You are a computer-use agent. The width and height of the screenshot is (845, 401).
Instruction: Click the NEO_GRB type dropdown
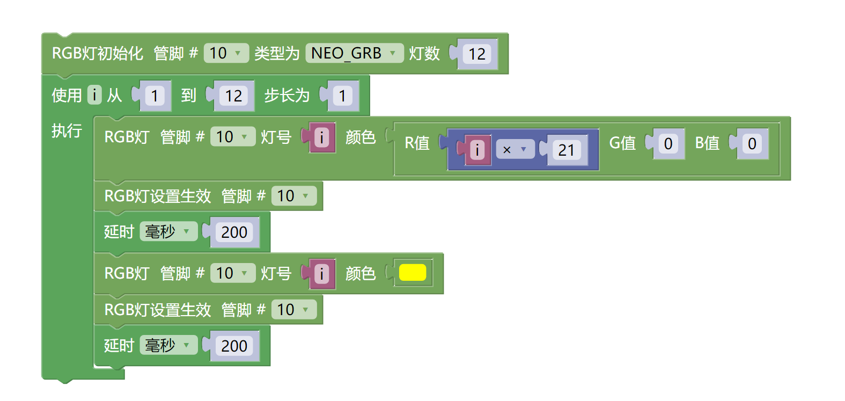(354, 53)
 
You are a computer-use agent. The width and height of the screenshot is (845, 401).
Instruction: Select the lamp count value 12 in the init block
(477, 54)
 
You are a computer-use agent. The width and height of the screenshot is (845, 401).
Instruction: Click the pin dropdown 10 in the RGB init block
(226, 53)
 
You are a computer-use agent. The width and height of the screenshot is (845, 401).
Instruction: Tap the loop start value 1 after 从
(155, 96)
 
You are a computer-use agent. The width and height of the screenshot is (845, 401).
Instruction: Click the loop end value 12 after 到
(233, 96)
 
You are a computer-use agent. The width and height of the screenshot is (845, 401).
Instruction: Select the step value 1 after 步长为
(342, 96)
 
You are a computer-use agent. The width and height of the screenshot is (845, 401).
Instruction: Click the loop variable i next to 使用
(94, 95)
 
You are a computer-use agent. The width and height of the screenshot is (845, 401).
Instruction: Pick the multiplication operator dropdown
(515, 150)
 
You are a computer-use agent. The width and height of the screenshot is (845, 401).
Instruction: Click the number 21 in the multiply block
(566, 150)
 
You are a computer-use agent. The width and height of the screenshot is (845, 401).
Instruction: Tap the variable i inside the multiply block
(477, 150)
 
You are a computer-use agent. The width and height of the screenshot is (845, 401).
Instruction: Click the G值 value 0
(668, 143)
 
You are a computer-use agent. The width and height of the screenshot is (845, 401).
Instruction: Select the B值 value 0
(752, 143)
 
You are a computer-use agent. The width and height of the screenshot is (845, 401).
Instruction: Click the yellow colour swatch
(412, 273)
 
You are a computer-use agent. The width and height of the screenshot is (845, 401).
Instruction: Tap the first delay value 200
(234, 232)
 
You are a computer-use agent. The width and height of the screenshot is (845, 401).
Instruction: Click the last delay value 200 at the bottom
(234, 346)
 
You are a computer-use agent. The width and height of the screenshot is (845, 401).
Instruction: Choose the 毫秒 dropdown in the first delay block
(168, 232)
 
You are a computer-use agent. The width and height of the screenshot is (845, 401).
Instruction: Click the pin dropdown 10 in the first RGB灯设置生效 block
(293, 196)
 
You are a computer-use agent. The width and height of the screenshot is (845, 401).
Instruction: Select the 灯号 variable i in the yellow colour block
(321, 274)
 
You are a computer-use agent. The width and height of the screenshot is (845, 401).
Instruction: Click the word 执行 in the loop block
(67, 130)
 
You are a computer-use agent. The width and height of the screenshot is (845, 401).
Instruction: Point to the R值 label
(417, 143)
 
